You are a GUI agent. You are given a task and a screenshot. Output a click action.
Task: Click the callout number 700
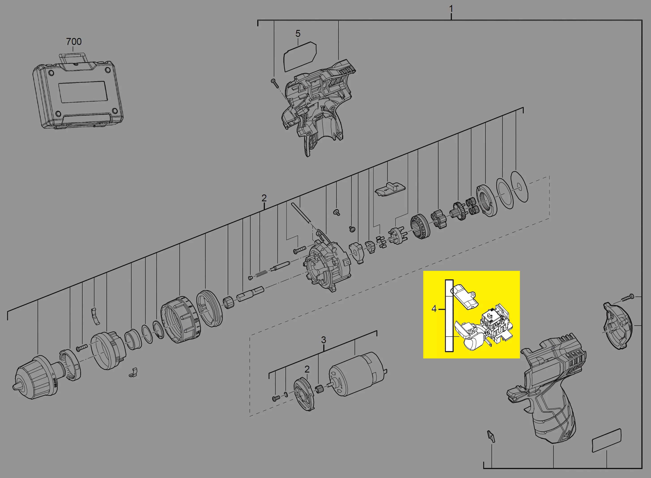coord(74,42)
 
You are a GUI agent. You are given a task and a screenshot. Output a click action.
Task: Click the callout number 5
coord(298,34)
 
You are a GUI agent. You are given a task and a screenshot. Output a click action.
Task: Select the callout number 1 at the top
coord(451,9)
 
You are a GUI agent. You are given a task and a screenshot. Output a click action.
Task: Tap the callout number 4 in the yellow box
coord(434,309)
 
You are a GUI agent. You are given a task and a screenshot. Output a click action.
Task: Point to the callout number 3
coord(323,339)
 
